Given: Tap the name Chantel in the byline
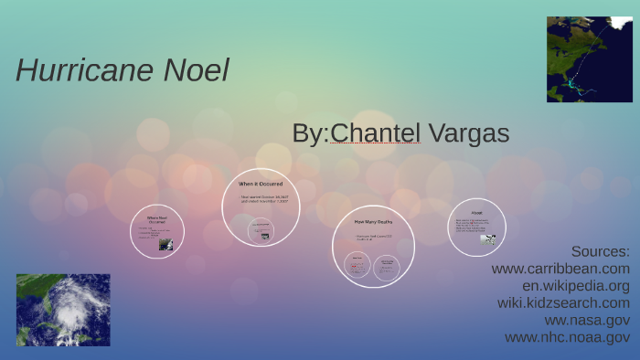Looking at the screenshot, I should coord(375,133).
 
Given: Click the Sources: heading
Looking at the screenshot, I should coord(601,251).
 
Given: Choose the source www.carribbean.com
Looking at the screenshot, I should coord(560,269).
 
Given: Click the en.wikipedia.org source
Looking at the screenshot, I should coord(570,285).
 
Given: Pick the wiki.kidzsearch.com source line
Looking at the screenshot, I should coord(563,302).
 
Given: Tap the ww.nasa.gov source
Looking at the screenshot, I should coord(587,320).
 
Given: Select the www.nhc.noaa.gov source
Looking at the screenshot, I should coord(567,337).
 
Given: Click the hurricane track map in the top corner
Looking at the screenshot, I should coord(590,59).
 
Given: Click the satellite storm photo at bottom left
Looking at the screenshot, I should coord(63,310).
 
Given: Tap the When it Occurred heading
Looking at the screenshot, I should coord(261,184).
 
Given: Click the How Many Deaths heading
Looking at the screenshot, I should coord(373,220).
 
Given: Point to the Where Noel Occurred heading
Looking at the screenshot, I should coord(157,219).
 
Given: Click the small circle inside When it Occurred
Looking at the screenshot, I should coord(261,229).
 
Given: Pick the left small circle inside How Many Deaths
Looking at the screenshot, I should coord(357,265).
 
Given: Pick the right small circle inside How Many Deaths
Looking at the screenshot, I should coord(387,265).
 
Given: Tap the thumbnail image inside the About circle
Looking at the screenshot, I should coord(488,240).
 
